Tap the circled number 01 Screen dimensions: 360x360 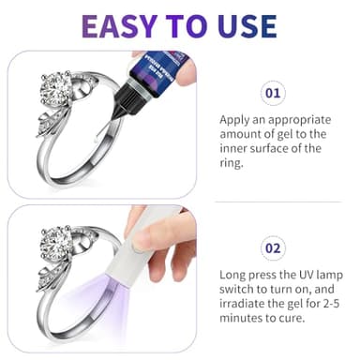[x=272, y=94]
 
